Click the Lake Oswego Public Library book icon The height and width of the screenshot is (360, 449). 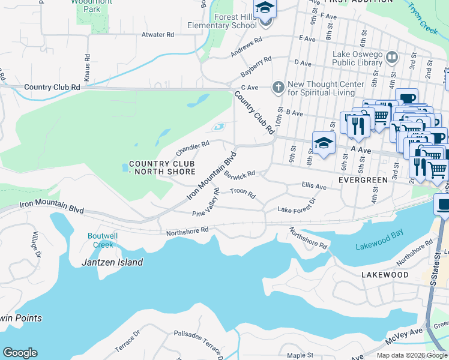392,57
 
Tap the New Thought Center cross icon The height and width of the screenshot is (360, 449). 277,88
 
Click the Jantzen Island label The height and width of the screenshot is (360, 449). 112,262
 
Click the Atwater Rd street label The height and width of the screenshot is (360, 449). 157,35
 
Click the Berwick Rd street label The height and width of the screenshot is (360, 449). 240,175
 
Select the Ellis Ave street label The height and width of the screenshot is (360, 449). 314,187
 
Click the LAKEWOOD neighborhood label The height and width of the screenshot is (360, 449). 385,275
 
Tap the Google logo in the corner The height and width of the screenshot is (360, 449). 20,353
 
